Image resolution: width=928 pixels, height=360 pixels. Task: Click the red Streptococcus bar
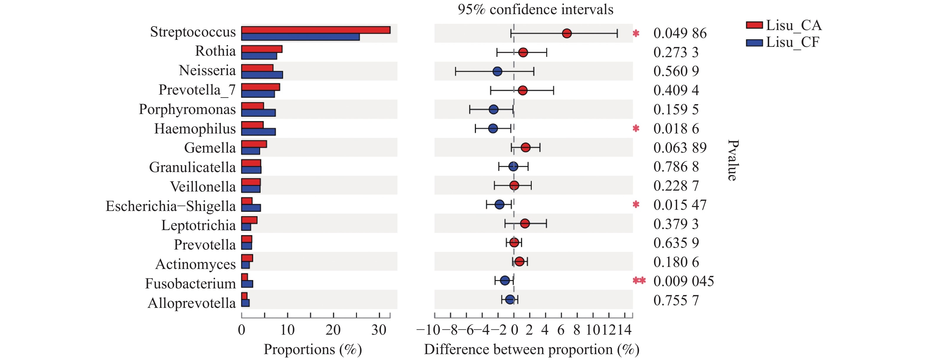coord(316,30)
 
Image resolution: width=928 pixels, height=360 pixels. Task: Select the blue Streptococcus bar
coord(300,37)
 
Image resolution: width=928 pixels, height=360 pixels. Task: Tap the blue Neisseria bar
coord(262,75)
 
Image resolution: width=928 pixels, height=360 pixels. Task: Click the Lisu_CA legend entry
coord(784,25)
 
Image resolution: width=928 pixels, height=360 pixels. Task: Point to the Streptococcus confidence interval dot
coord(567,34)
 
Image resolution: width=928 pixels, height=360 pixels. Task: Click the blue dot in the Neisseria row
coord(497,71)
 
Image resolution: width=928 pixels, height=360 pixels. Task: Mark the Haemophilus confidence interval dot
coord(493,128)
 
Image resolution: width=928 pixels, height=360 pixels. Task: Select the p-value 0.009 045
coord(683,281)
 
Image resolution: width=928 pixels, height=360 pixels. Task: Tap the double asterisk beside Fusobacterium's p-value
coord(639,281)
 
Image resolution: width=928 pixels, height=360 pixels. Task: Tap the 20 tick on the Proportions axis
coord(333,330)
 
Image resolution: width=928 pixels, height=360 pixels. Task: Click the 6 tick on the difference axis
coord(561,330)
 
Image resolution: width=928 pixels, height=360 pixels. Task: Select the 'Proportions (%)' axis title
coord(313,349)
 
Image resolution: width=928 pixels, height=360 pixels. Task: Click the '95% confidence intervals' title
coord(535,9)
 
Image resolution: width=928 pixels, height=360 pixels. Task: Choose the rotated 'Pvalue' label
coord(733,160)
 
